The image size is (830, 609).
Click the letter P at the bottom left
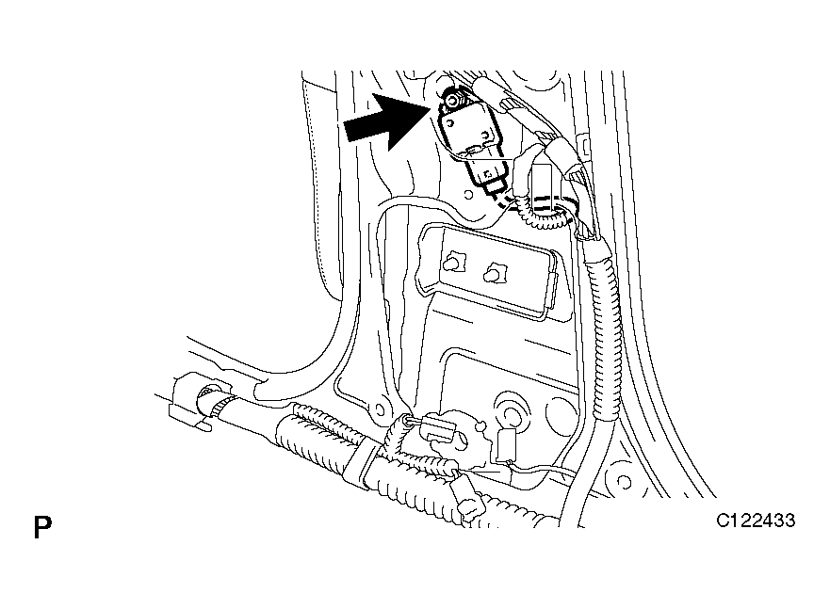click(x=42, y=526)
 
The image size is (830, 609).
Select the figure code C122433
click(x=756, y=521)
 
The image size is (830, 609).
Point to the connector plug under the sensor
click(x=487, y=175)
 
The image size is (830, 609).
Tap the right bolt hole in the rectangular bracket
click(x=494, y=273)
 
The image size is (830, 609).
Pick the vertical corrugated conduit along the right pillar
click(x=601, y=328)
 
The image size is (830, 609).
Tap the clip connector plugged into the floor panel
click(x=437, y=426)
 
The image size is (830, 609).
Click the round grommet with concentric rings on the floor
click(x=512, y=411)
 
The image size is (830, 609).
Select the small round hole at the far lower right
click(x=624, y=482)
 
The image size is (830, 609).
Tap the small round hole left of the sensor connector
click(x=468, y=194)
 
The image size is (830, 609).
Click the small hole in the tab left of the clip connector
click(x=379, y=409)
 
